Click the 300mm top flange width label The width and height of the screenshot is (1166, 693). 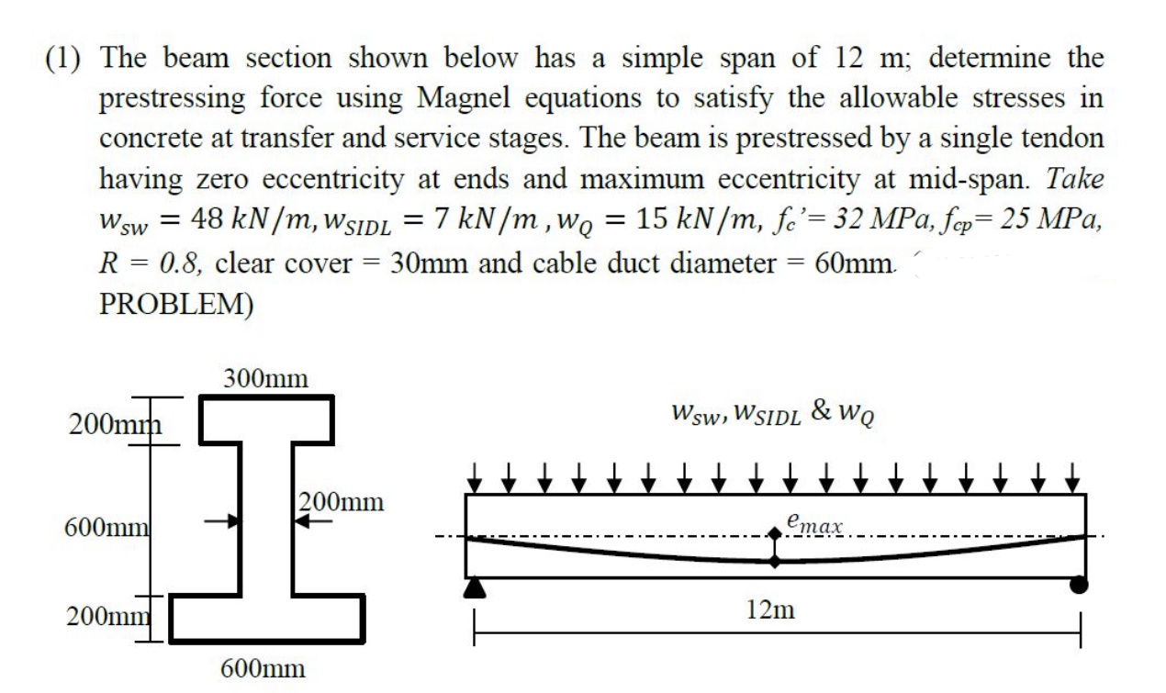click(x=265, y=378)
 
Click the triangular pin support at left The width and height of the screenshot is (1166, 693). click(x=475, y=587)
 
